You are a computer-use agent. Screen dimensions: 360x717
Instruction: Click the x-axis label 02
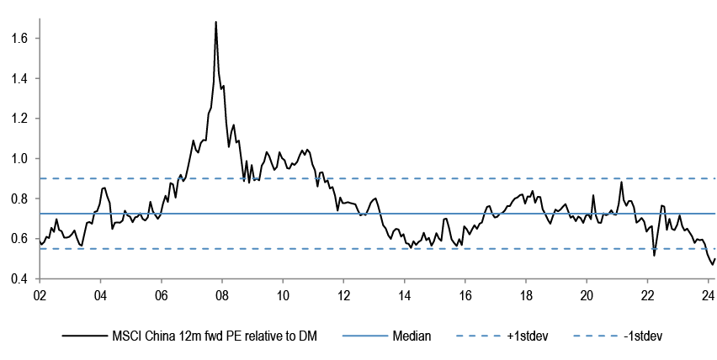pos(39,295)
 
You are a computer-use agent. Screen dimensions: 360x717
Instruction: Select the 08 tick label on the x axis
pos(221,295)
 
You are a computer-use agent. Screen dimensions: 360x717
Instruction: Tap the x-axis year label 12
pos(343,295)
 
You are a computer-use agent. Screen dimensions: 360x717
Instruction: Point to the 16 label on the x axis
pos(465,295)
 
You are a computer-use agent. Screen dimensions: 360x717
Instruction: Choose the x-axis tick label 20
pos(587,295)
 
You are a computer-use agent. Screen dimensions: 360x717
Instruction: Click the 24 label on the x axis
pos(708,295)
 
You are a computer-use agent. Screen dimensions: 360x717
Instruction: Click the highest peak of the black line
pos(216,22)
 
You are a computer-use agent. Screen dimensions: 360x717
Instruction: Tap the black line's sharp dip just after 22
pos(654,254)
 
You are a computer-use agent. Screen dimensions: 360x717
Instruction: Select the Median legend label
pos(412,336)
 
